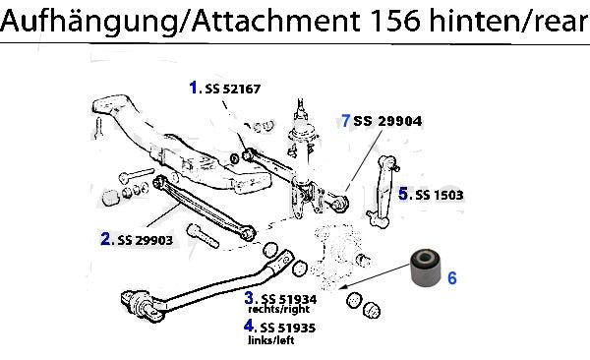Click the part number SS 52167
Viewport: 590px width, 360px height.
(232, 89)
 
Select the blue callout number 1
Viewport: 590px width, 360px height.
(194, 88)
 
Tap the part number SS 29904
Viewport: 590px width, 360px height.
(387, 121)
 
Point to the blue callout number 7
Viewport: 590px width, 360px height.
(346, 121)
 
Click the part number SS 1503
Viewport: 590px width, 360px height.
(440, 195)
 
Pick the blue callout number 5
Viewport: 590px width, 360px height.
(403, 194)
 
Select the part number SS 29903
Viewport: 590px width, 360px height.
(146, 240)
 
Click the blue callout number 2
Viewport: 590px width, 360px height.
(105, 239)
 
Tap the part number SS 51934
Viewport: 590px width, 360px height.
(289, 299)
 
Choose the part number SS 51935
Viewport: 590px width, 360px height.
(288, 328)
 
